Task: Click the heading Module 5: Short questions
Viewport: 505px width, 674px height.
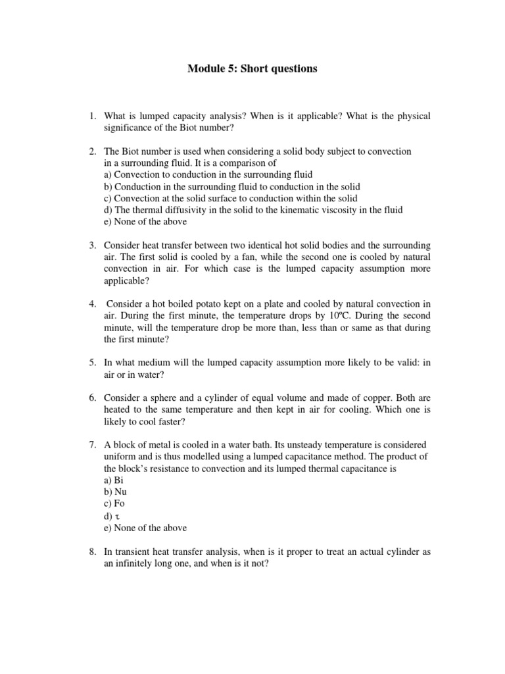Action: [x=252, y=68]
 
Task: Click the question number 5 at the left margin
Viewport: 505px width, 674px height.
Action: [x=93, y=363]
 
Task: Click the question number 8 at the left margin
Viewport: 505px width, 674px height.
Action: [x=93, y=553]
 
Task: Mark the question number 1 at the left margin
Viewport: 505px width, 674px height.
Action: [x=93, y=116]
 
